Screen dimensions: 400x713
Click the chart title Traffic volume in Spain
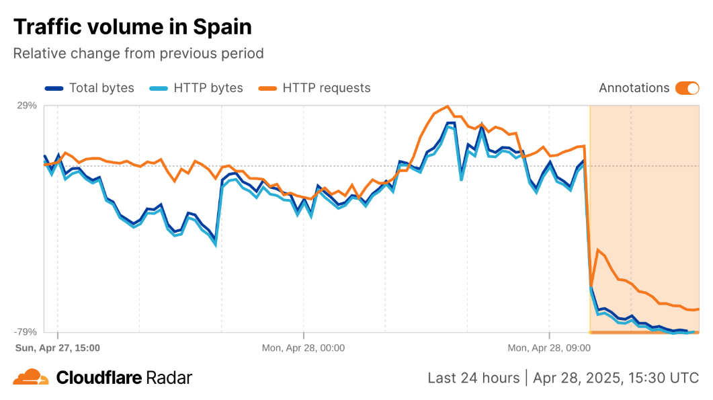click(x=132, y=27)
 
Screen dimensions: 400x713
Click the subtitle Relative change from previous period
click(x=138, y=53)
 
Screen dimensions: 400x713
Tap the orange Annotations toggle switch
click(x=687, y=88)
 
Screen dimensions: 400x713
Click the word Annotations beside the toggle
click(x=634, y=88)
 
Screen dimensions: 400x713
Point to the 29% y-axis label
click(x=26, y=106)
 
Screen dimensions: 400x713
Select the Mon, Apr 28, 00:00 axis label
click(x=303, y=348)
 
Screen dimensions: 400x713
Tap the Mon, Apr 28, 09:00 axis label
click(x=549, y=348)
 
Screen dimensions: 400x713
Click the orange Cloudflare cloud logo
click(x=30, y=377)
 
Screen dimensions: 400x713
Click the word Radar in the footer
click(x=169, y=378)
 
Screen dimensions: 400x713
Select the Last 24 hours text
click(x=473, y=378)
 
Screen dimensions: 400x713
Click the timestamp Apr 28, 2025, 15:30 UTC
click(x=616, y=378)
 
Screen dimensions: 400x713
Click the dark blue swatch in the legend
click(x=54, y=88)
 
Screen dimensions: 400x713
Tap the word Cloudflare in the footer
click(x=98, y=378)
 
